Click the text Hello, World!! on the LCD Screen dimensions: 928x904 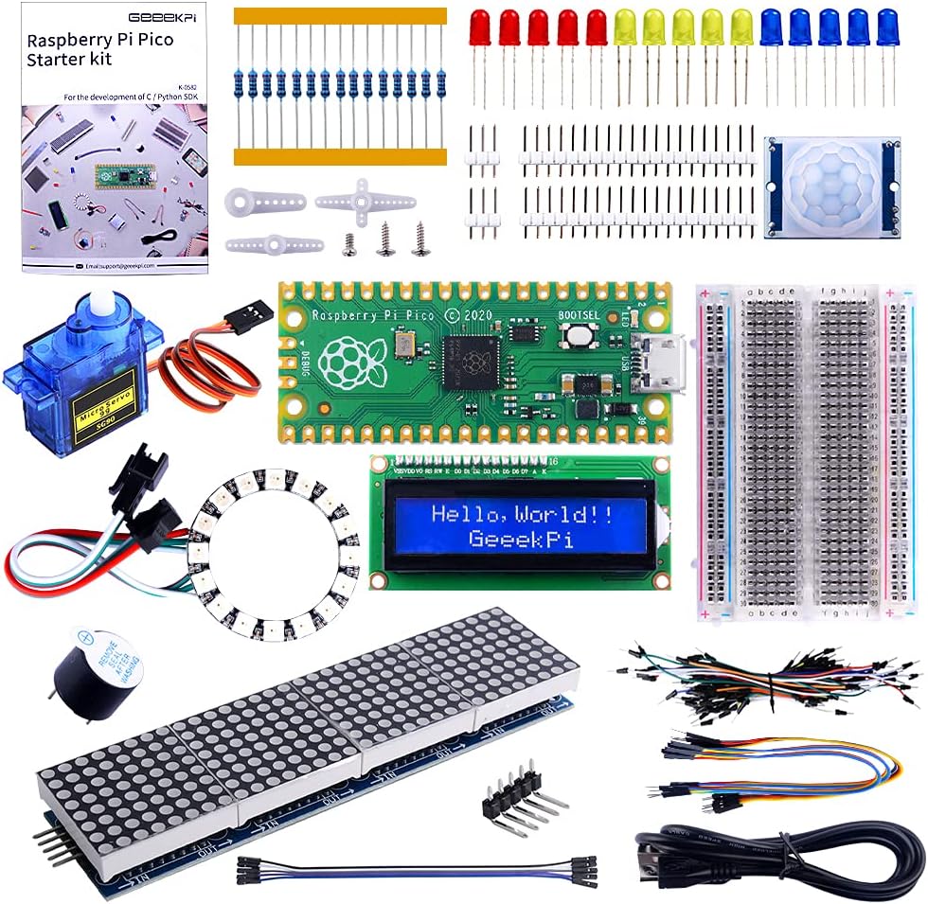coord(521,514)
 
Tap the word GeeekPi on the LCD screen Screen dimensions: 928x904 coord(521,541)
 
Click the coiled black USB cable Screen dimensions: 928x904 coord(776,857)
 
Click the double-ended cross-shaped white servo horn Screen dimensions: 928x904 coord(365,200)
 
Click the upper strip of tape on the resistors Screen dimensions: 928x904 coord(340,15)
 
